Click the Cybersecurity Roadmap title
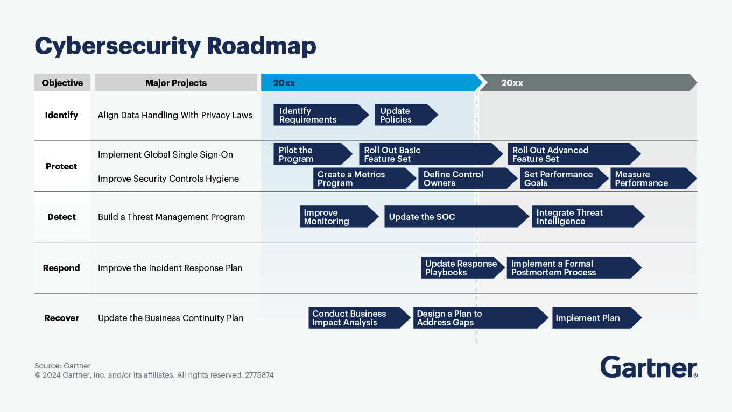click(175, 46)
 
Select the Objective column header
click(62, 83)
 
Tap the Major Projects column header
click(175, 83)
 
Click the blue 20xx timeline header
click(370, 83)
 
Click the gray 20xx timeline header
click(587, 83)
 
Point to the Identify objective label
click(61, 115)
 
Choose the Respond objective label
click(61, 268)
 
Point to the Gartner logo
click(649, 367)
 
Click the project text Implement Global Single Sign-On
click(165, 154)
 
